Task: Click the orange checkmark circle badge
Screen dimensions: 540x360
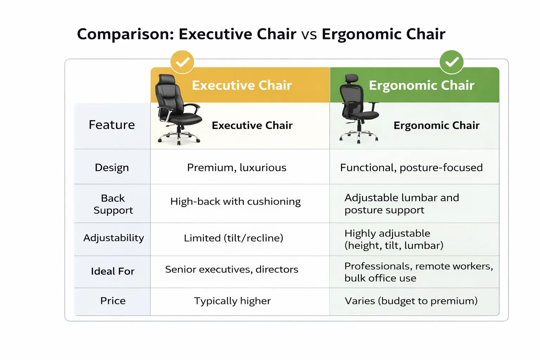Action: (x=182, y=62)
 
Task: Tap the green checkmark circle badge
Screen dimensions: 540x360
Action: (x=451, y=62)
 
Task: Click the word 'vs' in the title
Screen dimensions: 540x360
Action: (x=309, y=34)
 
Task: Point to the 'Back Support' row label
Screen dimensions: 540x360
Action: (x=113, y=204)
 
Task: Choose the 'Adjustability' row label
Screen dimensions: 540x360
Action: (x=114, y=238)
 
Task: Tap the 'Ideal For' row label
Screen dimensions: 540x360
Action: (x=112, y=271)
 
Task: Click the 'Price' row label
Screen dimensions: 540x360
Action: (x=113, y=301)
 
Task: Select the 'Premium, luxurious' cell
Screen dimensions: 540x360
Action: (x=237, y=168)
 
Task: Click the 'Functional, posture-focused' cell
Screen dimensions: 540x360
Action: (x=411, y=168)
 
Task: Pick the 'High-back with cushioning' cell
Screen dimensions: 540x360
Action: (x=236, y=201)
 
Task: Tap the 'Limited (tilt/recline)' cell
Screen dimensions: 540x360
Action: (x=233, y=238)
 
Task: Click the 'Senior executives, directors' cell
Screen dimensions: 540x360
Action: (x=232, y=269)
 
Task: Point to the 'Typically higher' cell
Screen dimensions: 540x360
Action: (x=232, y=301)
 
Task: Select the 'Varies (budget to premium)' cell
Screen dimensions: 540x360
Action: (x=411, y=301)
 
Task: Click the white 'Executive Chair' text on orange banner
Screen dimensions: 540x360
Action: (x=242, y=85)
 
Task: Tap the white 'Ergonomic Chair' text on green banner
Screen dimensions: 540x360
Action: (x=422, y=85)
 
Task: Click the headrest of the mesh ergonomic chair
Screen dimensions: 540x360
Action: (x=352, y=79)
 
